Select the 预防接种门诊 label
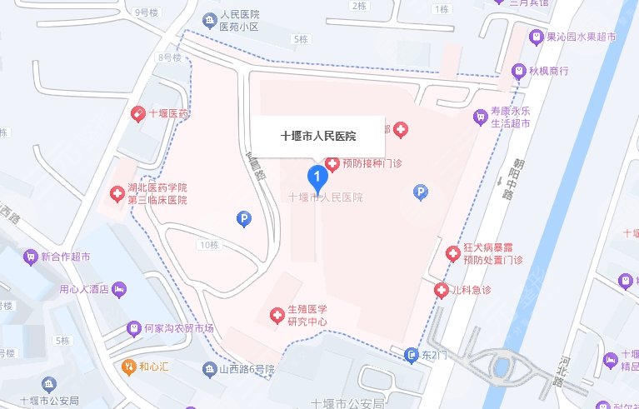372,163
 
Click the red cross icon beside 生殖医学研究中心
276,316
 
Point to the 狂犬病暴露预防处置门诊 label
492,254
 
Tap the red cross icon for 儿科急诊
442,290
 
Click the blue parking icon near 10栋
244,219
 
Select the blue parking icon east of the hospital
421,192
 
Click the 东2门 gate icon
412,356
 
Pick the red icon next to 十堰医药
137,113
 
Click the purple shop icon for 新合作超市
32,256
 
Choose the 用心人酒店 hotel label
84,289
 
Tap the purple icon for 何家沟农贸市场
133,328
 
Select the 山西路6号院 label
247,368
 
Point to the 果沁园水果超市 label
580,37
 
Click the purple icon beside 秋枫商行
519,71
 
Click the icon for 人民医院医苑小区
208,19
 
